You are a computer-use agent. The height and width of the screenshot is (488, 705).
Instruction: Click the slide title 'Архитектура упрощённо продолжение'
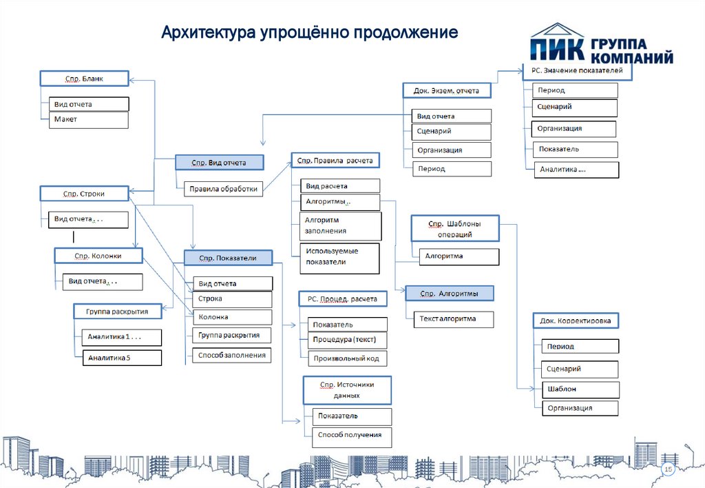click(309, 32)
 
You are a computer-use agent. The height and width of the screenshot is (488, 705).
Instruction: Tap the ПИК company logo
click(601, 46)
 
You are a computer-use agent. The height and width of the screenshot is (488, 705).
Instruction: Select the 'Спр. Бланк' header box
click(85, 79)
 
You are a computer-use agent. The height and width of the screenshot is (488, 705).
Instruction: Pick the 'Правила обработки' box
click(224, 188)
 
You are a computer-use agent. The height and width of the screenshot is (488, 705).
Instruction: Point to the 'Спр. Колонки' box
click(98, 256)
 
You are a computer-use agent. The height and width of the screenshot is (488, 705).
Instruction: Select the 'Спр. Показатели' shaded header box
click(228, 258)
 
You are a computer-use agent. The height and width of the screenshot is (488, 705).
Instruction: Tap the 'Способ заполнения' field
click(231, 356)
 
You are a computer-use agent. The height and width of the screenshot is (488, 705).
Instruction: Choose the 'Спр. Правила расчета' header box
click(335, 161)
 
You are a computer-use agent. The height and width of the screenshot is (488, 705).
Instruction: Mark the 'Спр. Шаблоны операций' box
click(454, 229)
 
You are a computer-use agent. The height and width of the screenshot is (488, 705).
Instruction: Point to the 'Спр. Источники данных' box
click(347, 390)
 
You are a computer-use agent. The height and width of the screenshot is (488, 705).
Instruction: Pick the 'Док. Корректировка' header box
click(576, 321)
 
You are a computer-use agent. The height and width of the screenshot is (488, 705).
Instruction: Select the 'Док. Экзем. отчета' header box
click(446, 90)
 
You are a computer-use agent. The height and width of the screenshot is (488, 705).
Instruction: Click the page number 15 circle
click(666, 469)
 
